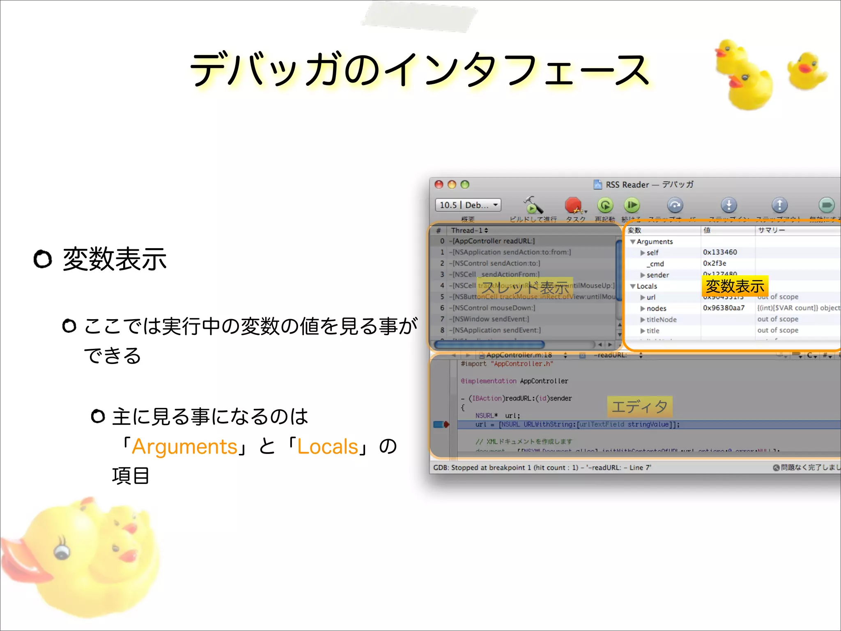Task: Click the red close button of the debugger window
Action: [439, 184]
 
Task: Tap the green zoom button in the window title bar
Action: [465, 184]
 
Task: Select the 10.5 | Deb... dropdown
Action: [468, 205]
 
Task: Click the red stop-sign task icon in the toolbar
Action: [573, 205]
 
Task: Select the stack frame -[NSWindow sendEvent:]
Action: [491, 319]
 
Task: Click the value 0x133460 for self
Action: [720, 252]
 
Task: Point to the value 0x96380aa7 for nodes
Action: [724, 308]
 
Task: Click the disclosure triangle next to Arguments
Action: [633, 242]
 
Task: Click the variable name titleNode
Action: [661, 320]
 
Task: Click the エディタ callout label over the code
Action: [639, 407]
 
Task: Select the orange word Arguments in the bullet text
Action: [184, 447]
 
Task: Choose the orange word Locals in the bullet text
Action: [327, 447]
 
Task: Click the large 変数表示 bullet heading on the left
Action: [115, 259]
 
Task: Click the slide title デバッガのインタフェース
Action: [419, 70]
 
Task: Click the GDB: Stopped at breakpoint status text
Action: [542, 467]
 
